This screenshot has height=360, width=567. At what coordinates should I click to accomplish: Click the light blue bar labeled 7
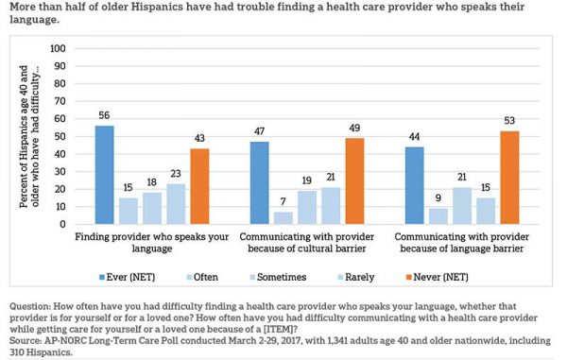[x=283, y=217]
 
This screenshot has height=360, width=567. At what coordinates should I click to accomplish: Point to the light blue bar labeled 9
[x=438, y=215]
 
